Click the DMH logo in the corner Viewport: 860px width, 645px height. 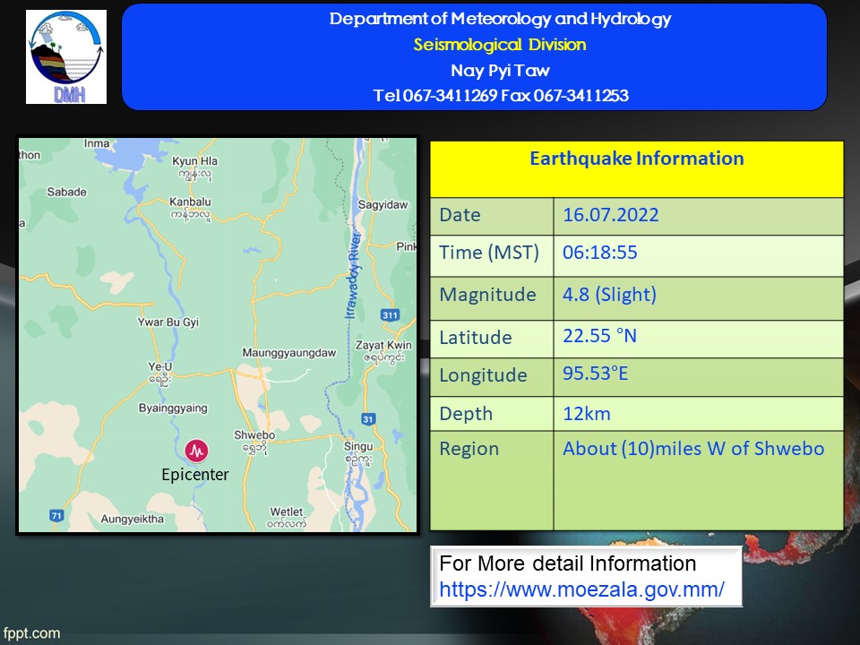66,56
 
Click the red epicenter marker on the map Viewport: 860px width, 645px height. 196,451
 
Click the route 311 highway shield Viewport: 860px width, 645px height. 390,314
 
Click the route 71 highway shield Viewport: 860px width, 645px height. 56,516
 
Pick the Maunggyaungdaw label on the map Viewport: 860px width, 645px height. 289,353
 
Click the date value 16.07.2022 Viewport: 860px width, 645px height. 610,214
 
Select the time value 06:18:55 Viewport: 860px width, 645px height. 599,253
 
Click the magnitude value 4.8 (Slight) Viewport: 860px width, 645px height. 609,295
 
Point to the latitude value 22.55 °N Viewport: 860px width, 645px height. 599,336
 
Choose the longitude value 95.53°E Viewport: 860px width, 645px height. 595,374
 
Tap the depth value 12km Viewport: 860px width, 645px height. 586,414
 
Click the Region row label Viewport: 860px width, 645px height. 469,449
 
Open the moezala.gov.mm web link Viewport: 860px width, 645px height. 581,589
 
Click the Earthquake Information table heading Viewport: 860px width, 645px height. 637,159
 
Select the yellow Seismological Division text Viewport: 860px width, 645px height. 500,45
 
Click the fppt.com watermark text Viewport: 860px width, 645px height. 31,633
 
